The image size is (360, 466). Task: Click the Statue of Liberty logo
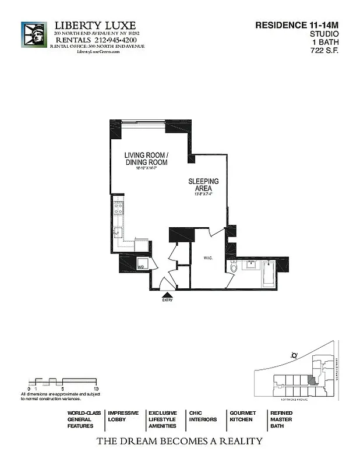(x=34, y=36)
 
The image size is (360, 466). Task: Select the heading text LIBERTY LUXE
(x=95, y=26)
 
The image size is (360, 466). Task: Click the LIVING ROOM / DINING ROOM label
(x=146, y=158)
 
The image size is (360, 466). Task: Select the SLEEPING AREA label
(x=203, y=185)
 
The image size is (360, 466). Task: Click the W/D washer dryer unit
(x=141, y=266)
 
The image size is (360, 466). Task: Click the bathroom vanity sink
(x=252, y=266)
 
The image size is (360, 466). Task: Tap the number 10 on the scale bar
(x=96, y=388)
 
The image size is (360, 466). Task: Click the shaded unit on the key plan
(x=313, y=379)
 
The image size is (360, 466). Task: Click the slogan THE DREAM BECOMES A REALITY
(x=179, y=442)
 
